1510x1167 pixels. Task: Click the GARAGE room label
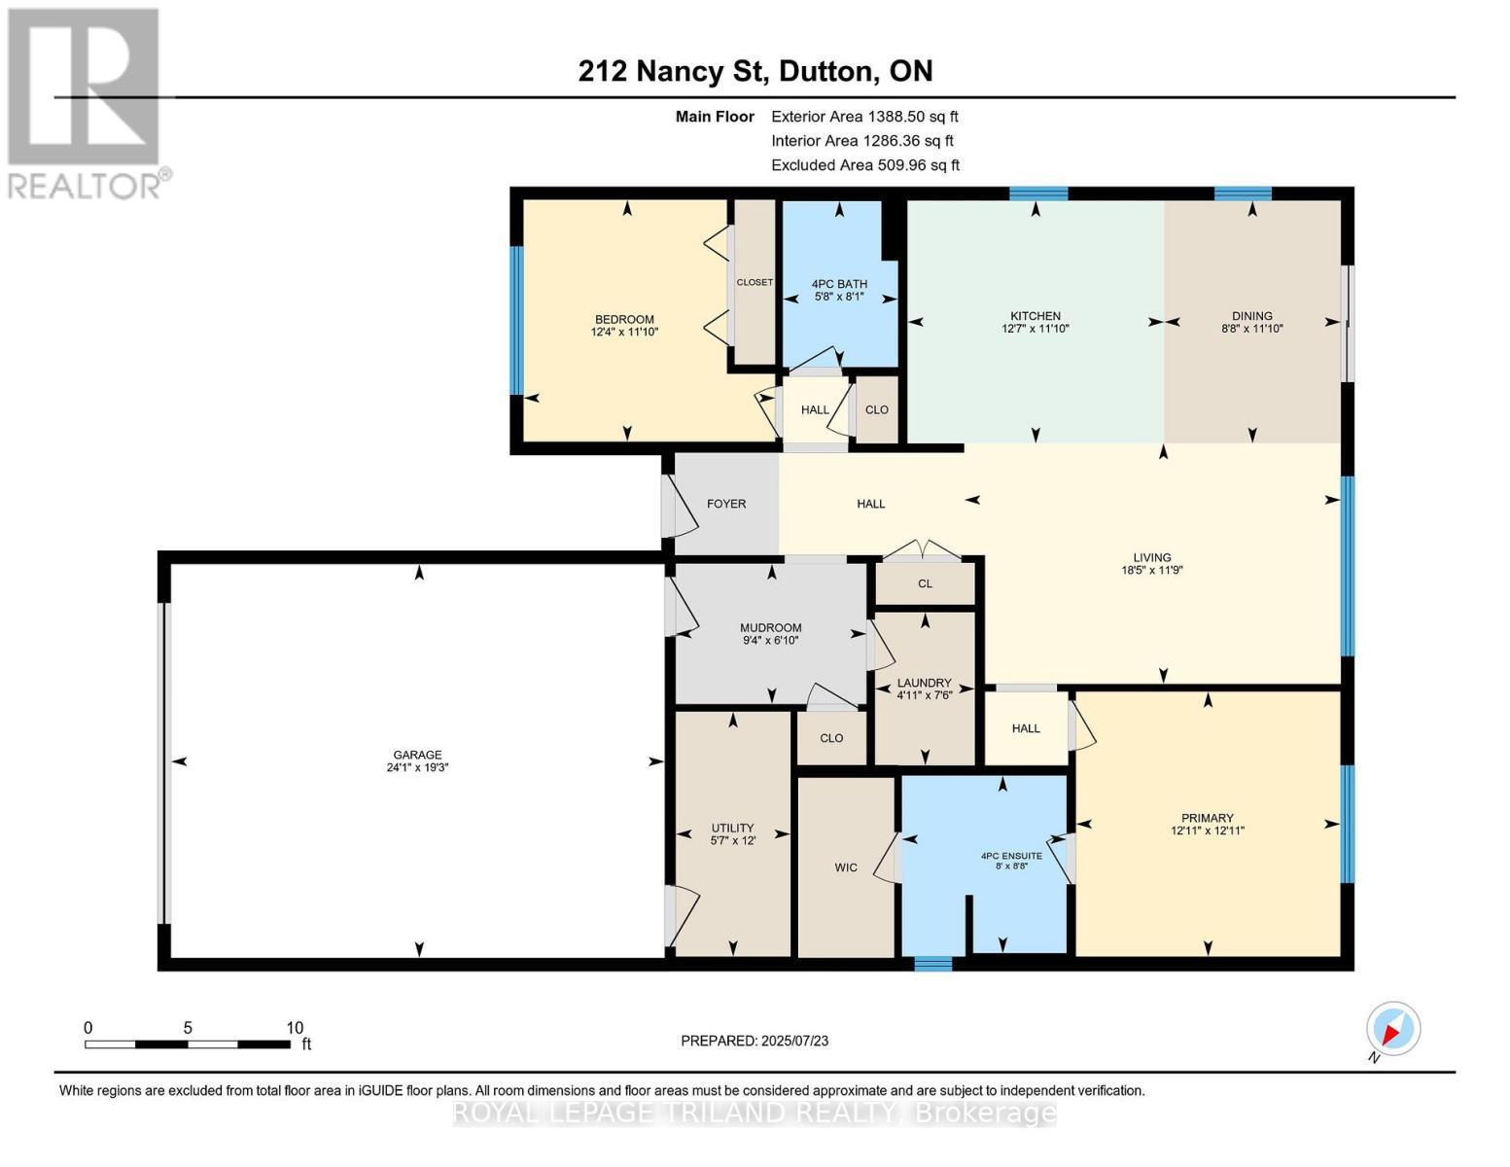click(x=417, y=755)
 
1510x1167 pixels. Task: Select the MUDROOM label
click(x=770, y=628)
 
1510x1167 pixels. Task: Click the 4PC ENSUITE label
click(x=1011, y=856)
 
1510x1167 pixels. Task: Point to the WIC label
click(x=846, y=867)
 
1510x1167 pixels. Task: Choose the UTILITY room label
click(x=732, y=829)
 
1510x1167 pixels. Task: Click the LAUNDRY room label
click(x=924, y=683)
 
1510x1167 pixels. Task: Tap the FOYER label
click(x=726, y=504)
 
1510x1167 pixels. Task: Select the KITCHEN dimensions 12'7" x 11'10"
click(x=1035, y=330)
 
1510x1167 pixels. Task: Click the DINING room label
click(x=1251, y=316)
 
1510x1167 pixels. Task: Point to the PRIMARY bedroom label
click(x=1207, y=818)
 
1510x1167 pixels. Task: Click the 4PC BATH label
click(x=839, y=284)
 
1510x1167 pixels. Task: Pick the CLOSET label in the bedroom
click(x=755, y=282)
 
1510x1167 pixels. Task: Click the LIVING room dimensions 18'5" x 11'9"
click(x=1151, y=571)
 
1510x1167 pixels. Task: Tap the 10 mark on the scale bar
click(x=295, y=1028)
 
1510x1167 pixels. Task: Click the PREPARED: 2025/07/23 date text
click(x=755, y=1041)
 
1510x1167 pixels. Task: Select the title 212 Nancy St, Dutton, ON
click(x=755, y=71)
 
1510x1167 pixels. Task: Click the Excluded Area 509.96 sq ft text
click(x=865, y=165)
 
